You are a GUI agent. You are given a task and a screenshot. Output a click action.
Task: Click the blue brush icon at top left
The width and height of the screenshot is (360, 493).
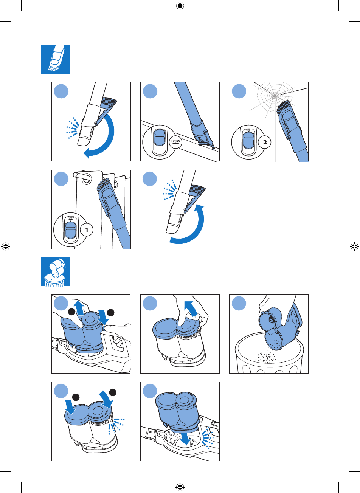[x=55, y=59]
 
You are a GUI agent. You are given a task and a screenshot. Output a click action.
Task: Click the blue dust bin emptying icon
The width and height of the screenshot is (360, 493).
[x=55, y=271]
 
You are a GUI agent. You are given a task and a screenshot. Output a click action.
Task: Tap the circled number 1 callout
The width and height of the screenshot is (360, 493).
[x=87, y=229]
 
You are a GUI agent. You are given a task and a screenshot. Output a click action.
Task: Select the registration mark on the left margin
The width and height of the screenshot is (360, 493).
[x=5, y=246]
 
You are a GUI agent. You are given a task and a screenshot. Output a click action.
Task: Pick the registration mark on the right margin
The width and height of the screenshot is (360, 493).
[x=354, y=246]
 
